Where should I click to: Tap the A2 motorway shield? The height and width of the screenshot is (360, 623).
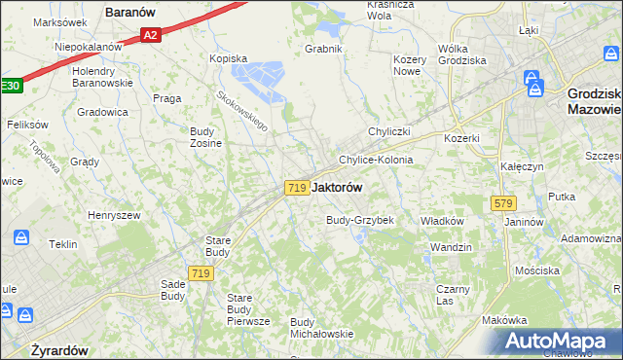pos(149,36)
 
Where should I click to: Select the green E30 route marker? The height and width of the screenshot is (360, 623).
pos(9,86)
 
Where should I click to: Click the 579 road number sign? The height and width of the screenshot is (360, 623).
pos(503,203)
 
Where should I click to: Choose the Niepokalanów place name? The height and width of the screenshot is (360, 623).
pos(88,46)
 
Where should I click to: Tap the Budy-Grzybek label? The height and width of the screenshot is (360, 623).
pos(359,220)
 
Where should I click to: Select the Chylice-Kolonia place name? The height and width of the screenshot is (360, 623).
pos(376,160)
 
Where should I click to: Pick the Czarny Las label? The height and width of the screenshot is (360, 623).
pos(454,295)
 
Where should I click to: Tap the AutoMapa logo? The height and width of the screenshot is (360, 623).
pos(559,341)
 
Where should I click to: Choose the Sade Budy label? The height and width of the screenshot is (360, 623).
pos(172,290)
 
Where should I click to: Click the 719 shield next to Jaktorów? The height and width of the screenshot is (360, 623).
pos(298,187)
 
